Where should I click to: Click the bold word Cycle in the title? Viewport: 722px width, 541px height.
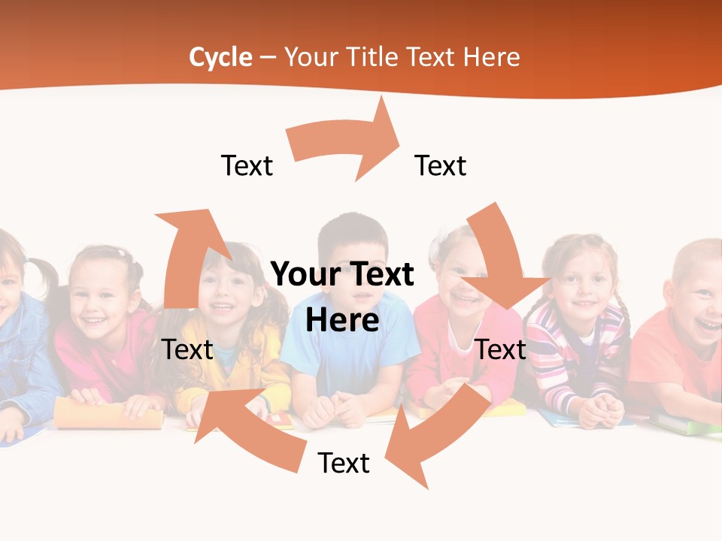tap(220, 57)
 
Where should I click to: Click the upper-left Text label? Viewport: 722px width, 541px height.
tap(247, 165)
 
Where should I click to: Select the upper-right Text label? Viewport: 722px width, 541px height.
tap(441, 165)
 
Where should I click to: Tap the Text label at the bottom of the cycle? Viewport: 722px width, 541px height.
tap(344, 463)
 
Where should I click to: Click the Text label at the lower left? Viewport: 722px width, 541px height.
tap(188, 349)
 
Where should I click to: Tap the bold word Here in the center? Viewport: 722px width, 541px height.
tap(342, 321)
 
